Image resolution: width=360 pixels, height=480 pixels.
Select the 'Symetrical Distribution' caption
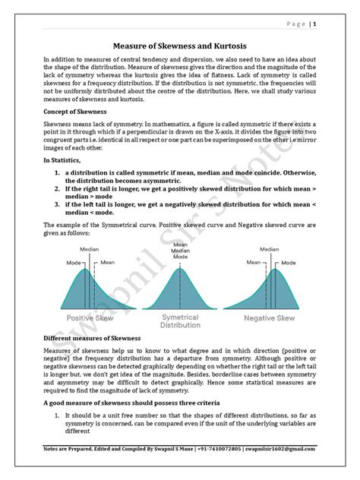pos(180,321)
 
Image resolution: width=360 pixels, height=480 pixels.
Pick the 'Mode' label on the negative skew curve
pos(289,262)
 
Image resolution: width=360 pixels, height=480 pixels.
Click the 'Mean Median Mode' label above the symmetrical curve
pos(180,251)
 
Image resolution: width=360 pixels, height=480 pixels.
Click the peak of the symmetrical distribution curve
pos(180,265)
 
